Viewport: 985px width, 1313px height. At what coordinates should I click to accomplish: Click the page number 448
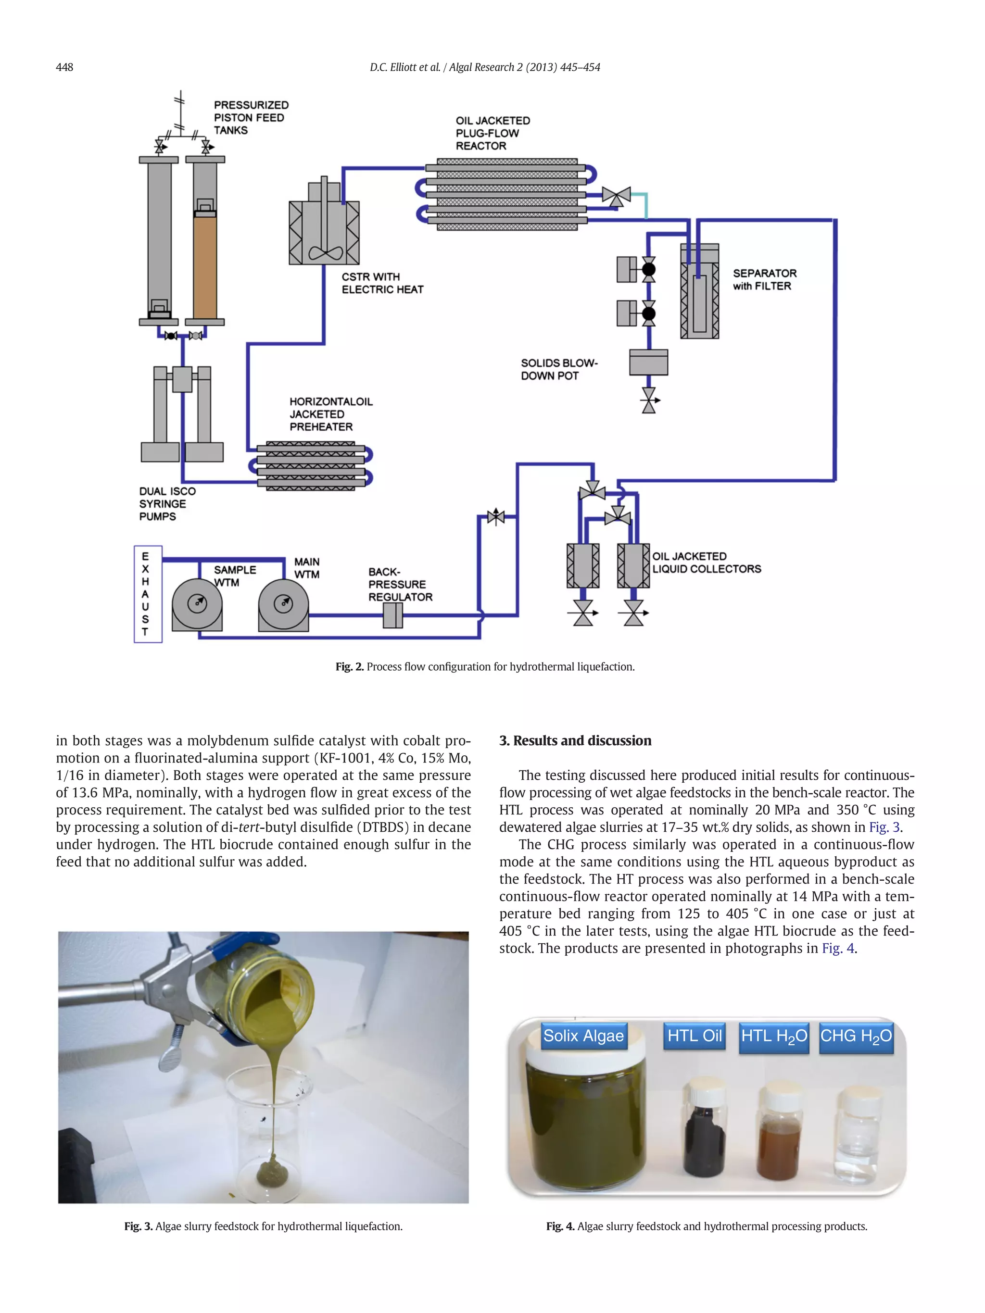pos(64,67)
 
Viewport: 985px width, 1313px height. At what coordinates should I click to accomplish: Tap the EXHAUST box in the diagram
pos(147,594)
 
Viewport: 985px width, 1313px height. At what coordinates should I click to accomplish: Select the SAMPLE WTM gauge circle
pos(197,604)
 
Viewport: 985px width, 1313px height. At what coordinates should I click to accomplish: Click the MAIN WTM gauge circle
pos(283,604)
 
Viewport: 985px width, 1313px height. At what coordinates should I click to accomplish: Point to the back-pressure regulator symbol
pos(392,615)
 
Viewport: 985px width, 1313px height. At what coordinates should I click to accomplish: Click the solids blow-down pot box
pos(648,362)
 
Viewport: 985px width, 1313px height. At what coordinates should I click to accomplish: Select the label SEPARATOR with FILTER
pos(764,280)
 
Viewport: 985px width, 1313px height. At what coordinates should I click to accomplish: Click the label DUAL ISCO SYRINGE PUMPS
pos(167,503)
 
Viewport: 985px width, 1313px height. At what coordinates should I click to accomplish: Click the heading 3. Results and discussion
pos(575,740)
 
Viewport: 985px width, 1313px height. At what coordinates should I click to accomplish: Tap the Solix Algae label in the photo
pos(583,1036)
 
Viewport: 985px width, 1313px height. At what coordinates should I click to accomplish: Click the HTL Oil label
pos(694,1036)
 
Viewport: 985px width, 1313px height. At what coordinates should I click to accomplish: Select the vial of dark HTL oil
pos(704,1137)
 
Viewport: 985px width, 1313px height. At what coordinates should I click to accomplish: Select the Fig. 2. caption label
pos(349,666)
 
